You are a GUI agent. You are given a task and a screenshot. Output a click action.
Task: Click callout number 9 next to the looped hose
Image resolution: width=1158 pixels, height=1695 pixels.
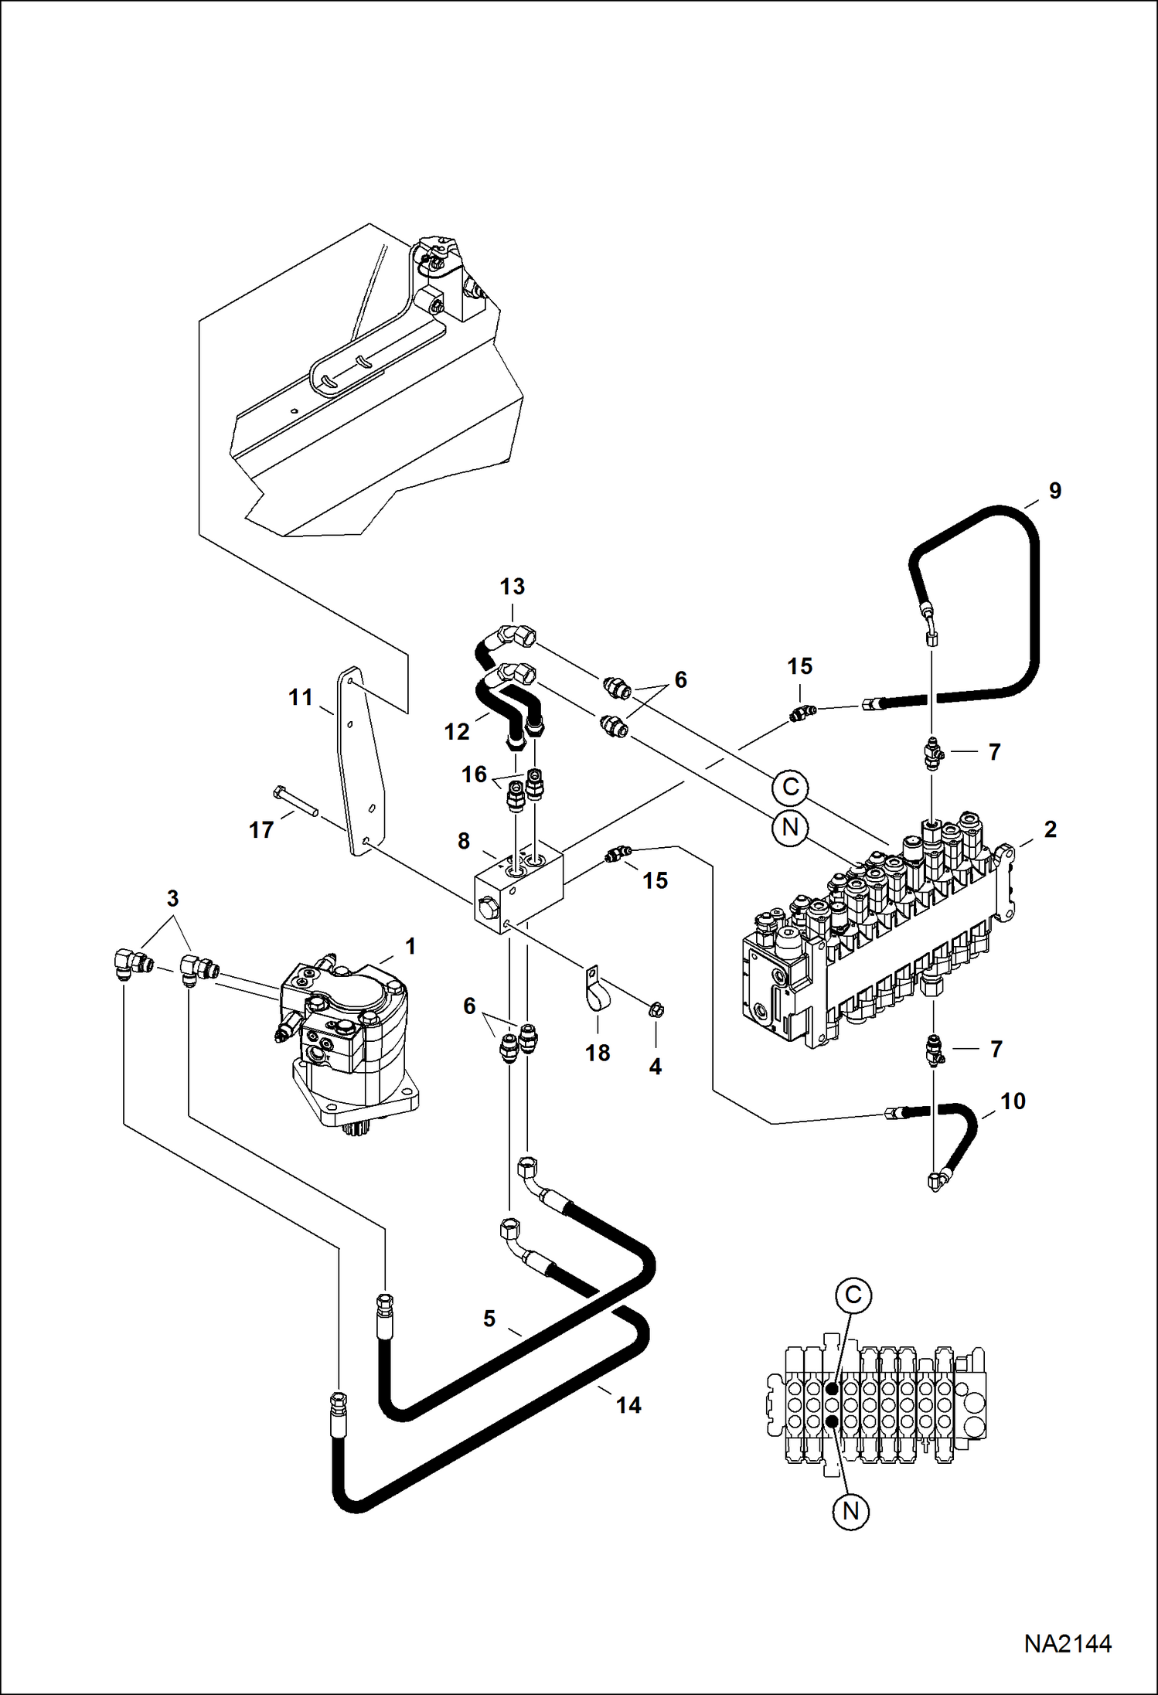click(x=1055, y=491)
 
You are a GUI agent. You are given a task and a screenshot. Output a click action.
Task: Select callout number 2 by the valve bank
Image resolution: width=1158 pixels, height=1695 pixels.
click(x=1050, y=829)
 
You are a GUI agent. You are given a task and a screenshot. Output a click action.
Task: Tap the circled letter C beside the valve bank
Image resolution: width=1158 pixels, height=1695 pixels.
click(x=790, y=787)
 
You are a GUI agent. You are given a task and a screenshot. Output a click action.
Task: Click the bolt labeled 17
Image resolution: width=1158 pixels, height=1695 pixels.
click(x=296, y=802)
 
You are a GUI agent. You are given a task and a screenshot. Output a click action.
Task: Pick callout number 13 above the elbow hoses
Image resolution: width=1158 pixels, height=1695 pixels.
click(x=512, y=587)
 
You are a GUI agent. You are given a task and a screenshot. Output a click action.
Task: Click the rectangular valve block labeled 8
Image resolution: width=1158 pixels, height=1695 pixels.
click(x=516, y=890)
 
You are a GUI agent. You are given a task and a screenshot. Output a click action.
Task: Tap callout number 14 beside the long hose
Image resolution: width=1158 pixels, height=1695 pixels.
click(x=628, y=1404)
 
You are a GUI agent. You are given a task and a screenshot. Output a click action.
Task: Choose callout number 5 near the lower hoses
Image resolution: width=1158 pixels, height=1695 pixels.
click(x=489, y=1318)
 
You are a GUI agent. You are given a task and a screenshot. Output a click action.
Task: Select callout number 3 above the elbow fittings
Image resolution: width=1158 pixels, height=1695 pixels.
click(x=172, y=899)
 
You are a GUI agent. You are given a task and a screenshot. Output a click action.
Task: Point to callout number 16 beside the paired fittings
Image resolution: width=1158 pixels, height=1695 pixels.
click(x=474, y=774)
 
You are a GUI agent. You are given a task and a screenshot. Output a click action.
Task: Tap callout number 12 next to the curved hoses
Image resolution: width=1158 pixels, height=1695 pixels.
click(x=457, y=731)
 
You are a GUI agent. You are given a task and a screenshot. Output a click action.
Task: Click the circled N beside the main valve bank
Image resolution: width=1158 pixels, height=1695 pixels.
click(x=790, y=828)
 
